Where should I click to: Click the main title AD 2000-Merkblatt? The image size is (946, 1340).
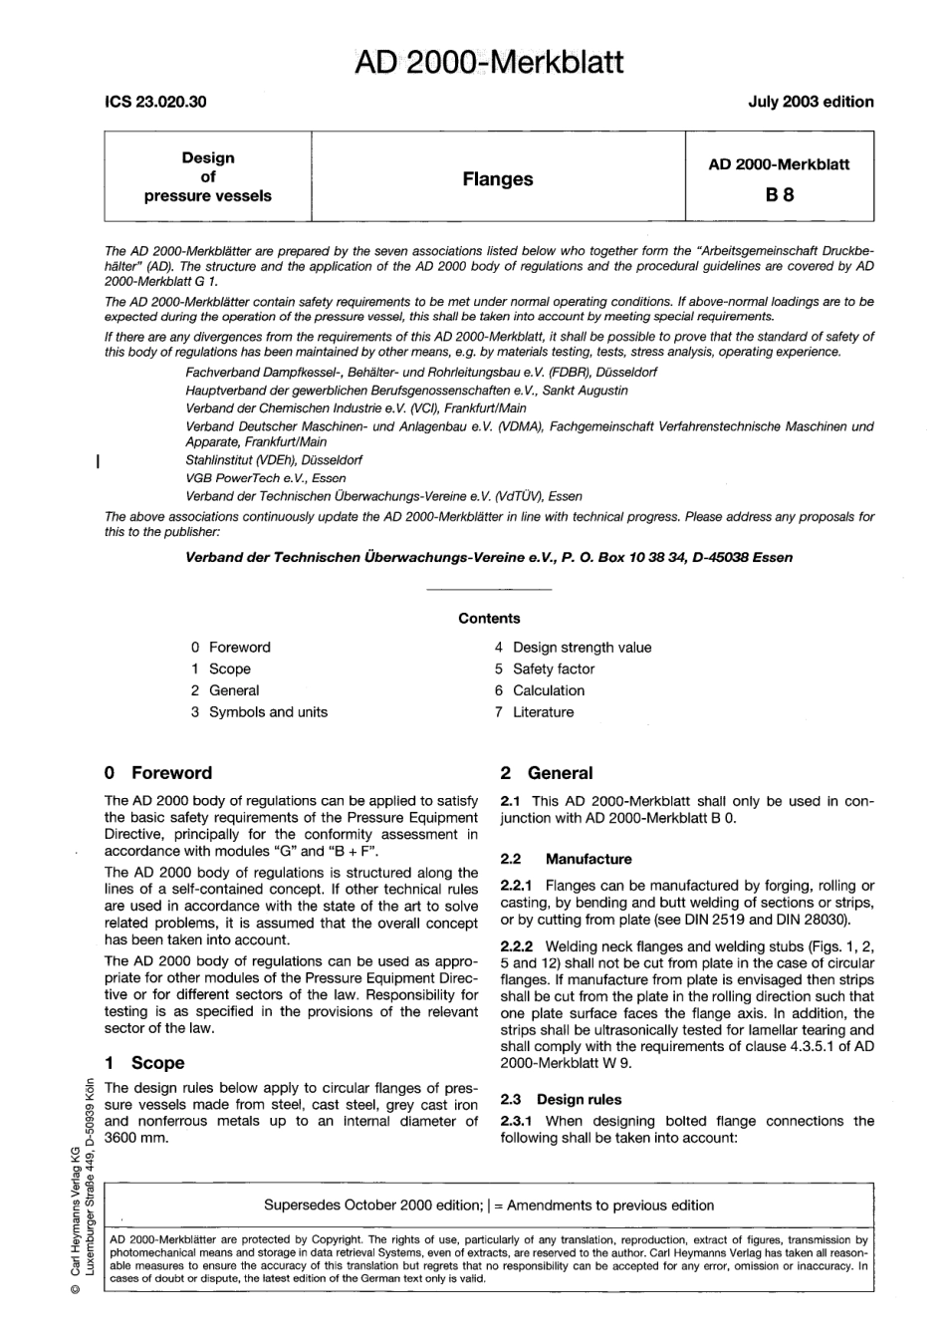[x=489, y=62]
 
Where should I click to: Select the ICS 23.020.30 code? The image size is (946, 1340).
[x=155, y=102]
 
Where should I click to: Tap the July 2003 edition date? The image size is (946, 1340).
[x=811, y=102]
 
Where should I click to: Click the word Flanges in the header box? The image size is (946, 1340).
[x=497, y=179]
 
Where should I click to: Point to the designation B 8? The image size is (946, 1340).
[x=779, y=195]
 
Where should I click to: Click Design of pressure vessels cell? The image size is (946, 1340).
[x=207, y=176]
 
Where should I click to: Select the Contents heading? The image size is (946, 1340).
[x=489, y=619]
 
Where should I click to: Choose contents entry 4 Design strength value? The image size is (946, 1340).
[x=573, y=648]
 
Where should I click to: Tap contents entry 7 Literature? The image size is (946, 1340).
[x=534, y=712]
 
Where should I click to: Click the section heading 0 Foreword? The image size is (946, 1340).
[x=158, y=773]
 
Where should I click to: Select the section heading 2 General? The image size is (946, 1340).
[x=547, y=773]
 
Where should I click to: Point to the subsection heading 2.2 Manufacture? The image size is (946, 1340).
[x=566, y=859]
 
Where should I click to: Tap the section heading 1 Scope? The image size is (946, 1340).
[x=144, y=1063]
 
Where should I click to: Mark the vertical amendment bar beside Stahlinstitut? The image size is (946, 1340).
[x=96, y=461]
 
